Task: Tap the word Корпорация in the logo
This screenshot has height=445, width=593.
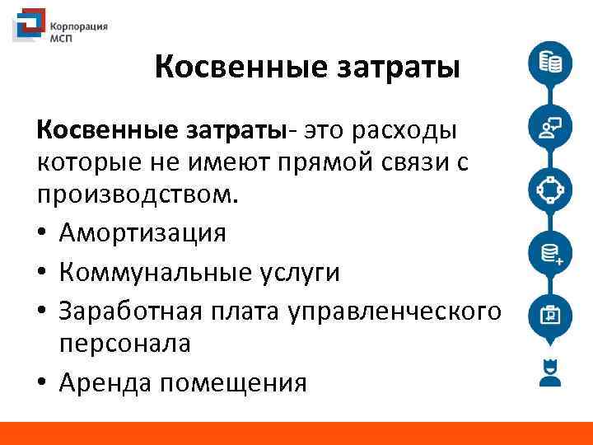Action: tap(78, 26)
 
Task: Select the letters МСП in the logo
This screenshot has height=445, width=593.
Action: tap(63, 38)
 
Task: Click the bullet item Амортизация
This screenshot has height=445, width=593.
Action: tap(142, 234)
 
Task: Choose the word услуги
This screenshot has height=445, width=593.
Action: tap(298, 272)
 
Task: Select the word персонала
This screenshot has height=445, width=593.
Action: tap(124, 344)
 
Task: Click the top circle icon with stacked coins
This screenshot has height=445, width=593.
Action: tap(550, 63)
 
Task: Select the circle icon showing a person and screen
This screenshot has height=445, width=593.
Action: tap(550, 127)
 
